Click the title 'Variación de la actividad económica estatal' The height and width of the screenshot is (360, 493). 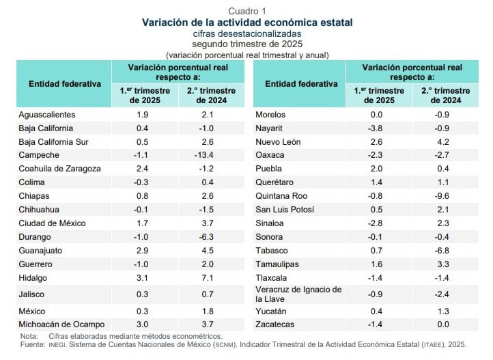coord(246,22)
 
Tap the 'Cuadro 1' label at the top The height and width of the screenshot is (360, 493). coord(246,10)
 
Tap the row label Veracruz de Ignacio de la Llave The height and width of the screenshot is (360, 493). coord(298,294)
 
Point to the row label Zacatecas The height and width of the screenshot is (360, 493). coord(274,324)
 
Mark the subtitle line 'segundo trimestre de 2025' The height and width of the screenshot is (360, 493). coord(246,44)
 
